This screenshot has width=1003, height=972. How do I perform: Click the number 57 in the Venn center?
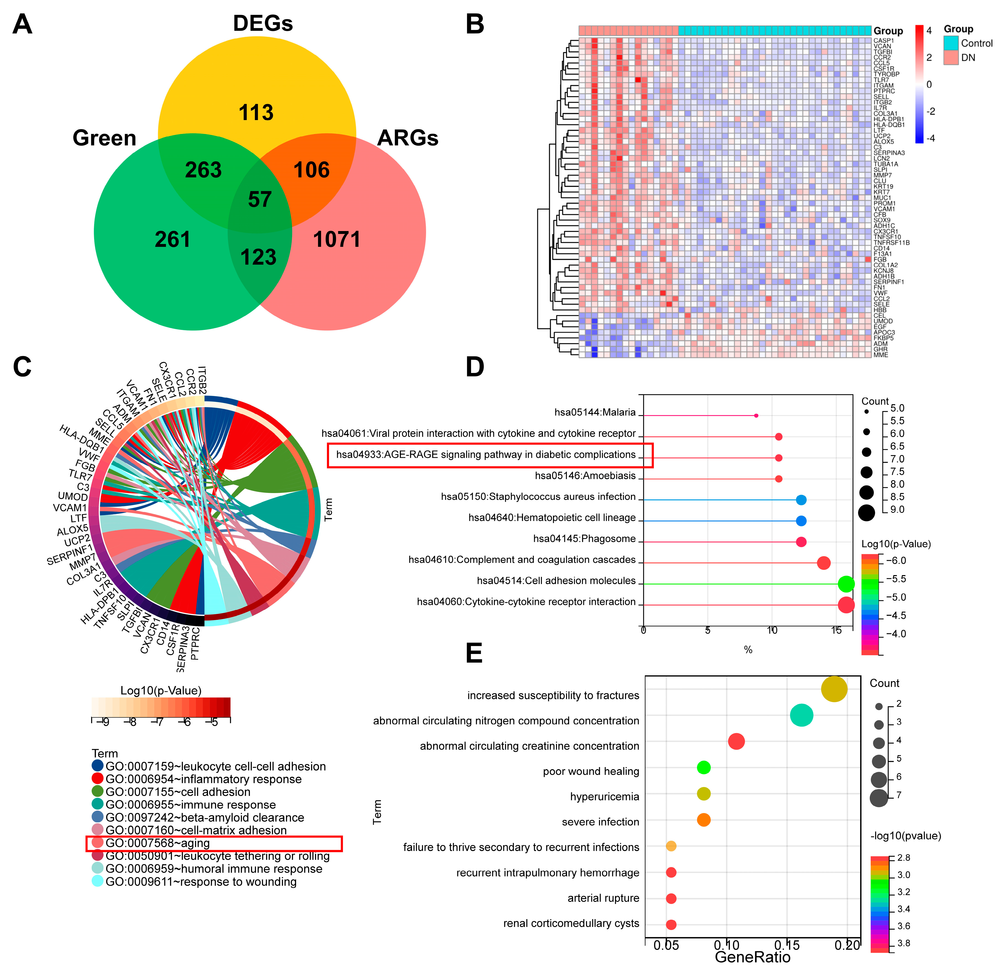[x=260, y=199]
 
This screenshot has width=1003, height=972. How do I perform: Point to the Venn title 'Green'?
[x=104, y=138]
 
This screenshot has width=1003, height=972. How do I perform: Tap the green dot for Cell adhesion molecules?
[x=846, y=584]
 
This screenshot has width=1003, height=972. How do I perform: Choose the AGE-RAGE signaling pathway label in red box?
[x=486, y=455]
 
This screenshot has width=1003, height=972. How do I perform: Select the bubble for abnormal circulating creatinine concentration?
[x=736, y=741]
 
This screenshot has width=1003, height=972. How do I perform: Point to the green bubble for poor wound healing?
[x=704, y=767]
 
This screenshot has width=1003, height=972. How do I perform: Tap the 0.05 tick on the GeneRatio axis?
[x=666, y=945]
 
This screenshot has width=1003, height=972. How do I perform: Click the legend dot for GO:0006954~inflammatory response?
[x=97, y=779]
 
